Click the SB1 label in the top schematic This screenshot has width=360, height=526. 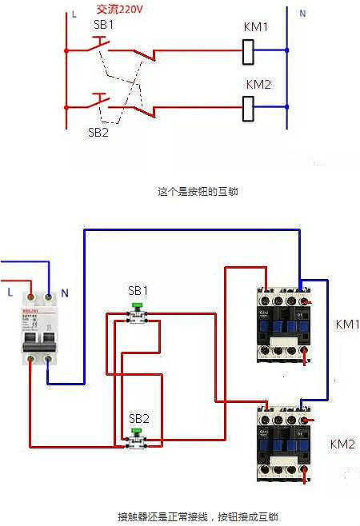tap(103, 25)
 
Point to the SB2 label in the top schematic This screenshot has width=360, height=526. tap(98, 133)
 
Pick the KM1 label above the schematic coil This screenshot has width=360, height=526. tap(256, 27)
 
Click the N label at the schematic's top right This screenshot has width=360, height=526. tap(302, 14)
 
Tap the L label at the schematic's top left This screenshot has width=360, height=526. tap(74, 14)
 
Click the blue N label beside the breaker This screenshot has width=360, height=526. tap(65, 293)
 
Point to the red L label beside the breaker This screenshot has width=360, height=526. tap(10, 293)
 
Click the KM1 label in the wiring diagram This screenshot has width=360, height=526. tap(346, 325)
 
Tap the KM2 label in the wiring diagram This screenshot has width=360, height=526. tap(342, 444)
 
